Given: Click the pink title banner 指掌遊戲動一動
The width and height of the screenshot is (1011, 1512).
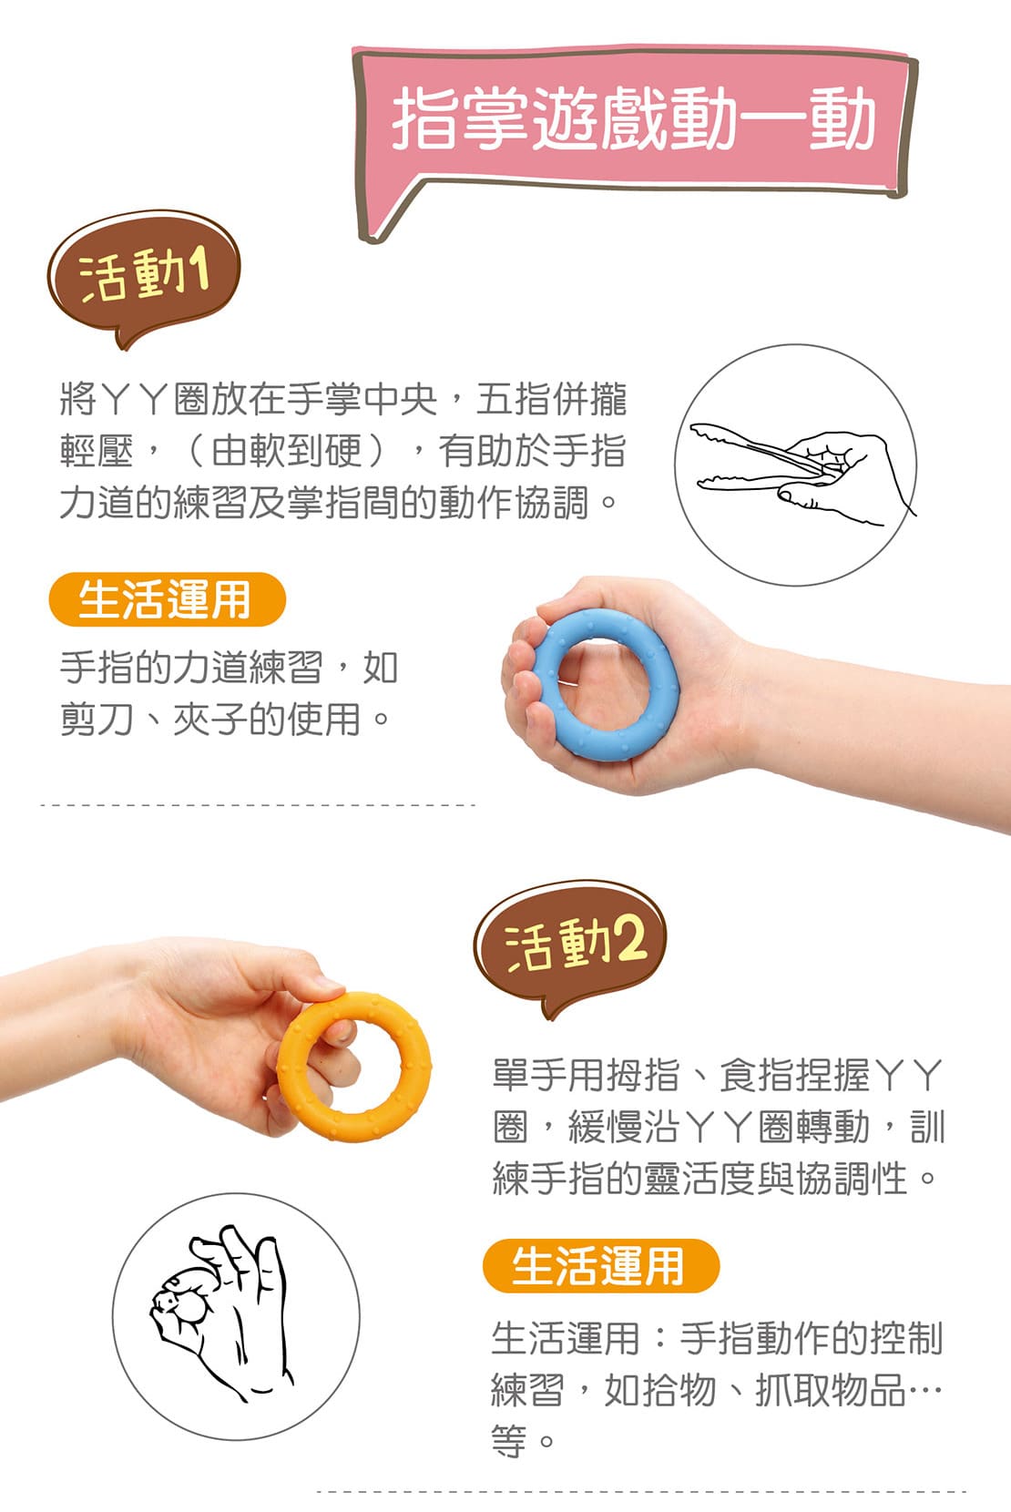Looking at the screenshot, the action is [635, 121].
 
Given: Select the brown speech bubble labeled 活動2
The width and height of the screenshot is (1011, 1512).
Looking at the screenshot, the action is [570, 945].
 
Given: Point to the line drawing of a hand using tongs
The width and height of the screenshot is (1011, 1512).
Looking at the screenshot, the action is [796, 473].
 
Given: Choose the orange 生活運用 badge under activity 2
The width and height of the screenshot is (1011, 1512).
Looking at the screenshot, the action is [601, 1266].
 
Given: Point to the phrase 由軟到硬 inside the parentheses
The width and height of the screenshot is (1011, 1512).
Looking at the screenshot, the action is [287, 450].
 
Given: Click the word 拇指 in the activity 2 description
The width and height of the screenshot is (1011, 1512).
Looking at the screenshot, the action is [642, 1075].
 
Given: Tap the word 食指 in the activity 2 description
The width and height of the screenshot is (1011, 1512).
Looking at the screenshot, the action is [756, 1075].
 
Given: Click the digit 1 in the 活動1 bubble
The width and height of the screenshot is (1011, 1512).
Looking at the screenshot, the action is [198, 271].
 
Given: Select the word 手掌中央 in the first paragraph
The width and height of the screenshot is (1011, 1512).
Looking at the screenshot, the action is [363, 398].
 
